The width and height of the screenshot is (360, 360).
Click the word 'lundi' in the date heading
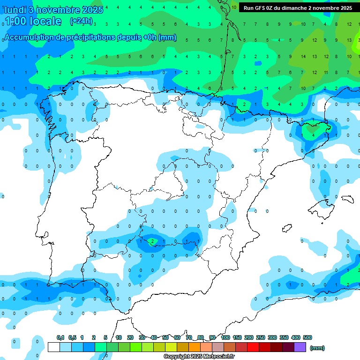[x=15, y=10]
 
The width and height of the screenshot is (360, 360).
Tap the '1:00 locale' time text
[x=33, y=21]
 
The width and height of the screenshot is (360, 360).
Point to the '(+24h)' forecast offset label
[x=81, y=21]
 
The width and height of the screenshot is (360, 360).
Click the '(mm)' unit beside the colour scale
[x=317, y=348]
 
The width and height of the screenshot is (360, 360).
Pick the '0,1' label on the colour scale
[x=60, y=337]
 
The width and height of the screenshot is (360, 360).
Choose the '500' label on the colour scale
[x=307, y=337]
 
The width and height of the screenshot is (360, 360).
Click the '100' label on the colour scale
[x=225, y=337]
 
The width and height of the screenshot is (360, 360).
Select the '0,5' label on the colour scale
[x=72, y=337]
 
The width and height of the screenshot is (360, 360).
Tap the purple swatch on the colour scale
[x=300, y=347]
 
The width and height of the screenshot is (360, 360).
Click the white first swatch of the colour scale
[x=53, y=347]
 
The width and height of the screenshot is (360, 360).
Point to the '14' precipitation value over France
[x=303, y=56]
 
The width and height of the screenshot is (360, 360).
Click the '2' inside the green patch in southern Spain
[x=152, y=241]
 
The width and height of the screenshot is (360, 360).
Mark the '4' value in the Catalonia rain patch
[x=313, y=135]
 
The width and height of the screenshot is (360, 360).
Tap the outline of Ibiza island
[x=285, y=228]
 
